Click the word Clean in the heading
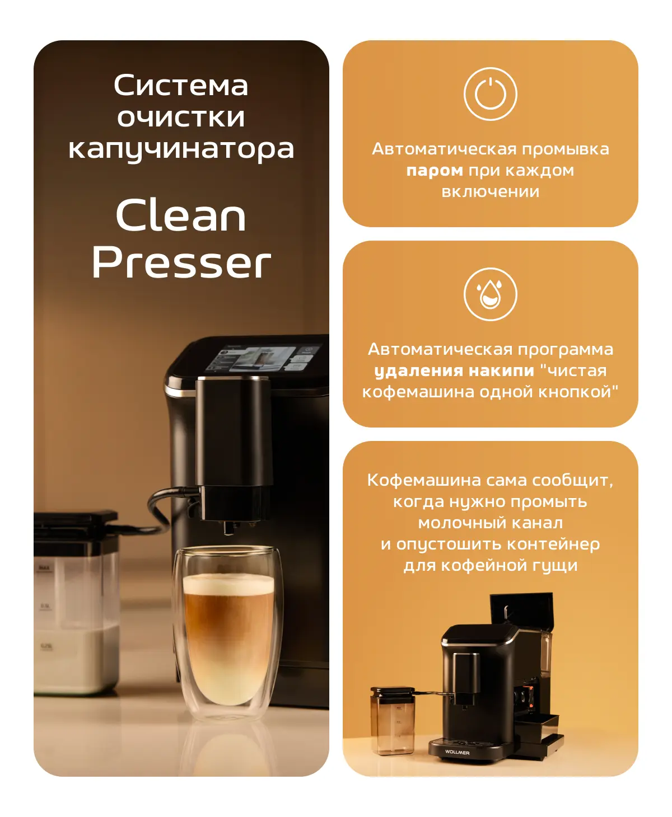point(181,215)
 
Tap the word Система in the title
point(181,85)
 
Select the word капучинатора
point(181,150)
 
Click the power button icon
point(490,94)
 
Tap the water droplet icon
point(490,294)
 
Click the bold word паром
point(435,171)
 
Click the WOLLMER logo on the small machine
point(457,752)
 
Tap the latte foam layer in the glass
point(228,584)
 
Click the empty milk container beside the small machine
point(393,721)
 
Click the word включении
point(490,192)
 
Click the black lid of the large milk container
point(76,521)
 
